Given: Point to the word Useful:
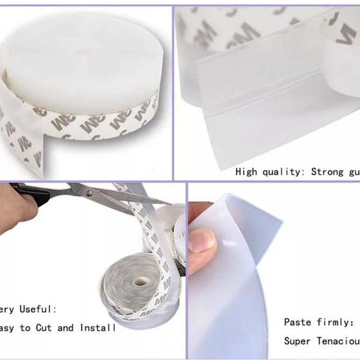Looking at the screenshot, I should click(38, 309).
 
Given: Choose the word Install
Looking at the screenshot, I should click(97, 327).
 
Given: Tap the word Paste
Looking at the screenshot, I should click(297, 322).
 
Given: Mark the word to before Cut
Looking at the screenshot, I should click(25, 327).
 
